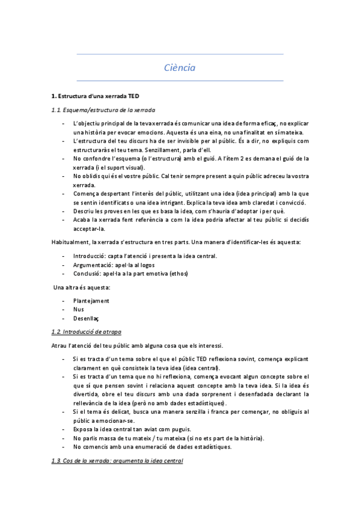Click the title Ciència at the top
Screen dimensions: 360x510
click(x=180, y=67)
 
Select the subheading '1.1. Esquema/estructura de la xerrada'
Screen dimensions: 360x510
click(x=103, y=110)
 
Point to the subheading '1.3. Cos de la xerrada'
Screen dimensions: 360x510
click(x=117, y=460)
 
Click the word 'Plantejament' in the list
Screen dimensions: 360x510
click(x=91, y=300)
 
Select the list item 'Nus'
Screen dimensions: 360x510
click(x=78, y=309)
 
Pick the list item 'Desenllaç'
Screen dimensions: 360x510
click(x=86, y=318)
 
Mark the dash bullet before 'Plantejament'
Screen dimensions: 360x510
click(x=64, y=300)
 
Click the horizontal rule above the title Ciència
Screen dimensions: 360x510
click(x=180, y=54)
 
